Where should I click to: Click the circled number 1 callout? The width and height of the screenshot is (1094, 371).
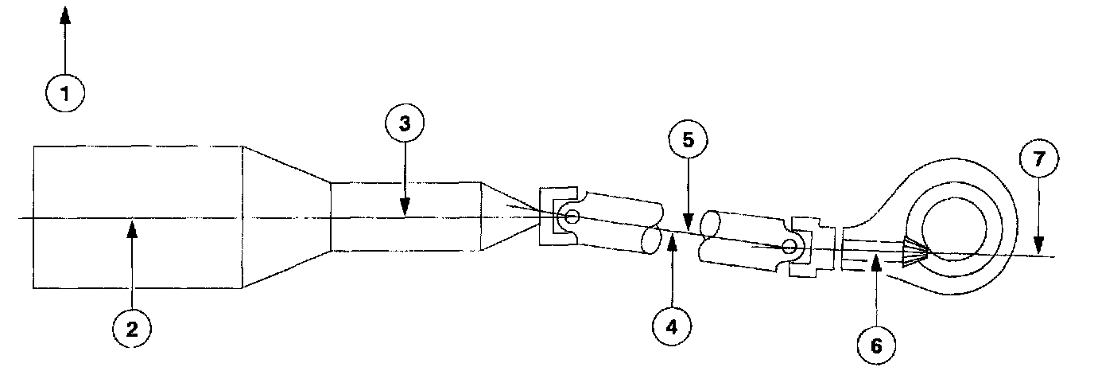[x=65, y=93]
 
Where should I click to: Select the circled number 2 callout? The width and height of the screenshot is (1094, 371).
[x=133, y=330]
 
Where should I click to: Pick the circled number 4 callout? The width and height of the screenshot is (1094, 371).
[x=673, y=325]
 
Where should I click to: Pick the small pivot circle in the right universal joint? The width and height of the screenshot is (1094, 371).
[x=789, y=248]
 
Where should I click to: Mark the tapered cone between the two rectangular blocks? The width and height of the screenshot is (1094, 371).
[x=286, y=217]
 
